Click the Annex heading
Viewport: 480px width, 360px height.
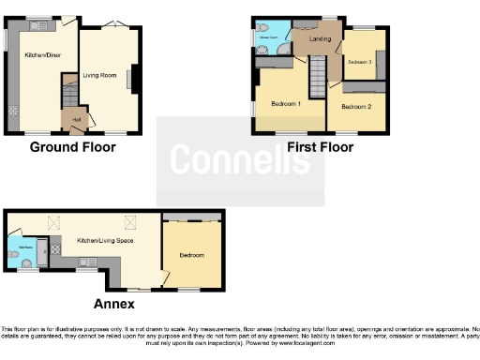coord(113,304)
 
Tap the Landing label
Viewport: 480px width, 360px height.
coord(320,39)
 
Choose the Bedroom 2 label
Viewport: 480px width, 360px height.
coord(355,108)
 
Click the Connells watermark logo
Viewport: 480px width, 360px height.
coord(240,161)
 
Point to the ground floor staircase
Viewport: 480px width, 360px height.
coord(68,95)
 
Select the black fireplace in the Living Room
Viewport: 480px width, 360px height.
coord(132,79)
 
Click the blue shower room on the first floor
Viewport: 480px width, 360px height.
coord(270,37)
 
